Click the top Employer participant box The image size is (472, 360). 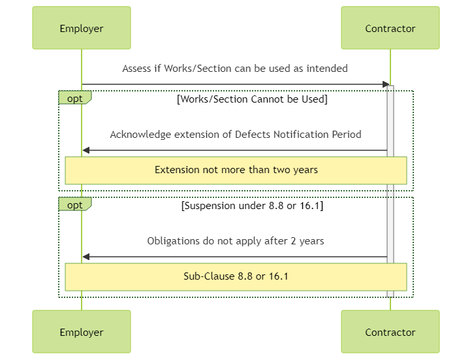(82, 27)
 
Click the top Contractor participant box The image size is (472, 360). (390, 27)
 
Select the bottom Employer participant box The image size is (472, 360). (82, 331)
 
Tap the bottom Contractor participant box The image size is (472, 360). (390, 331)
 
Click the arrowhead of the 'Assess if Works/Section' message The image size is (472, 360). (386, 84)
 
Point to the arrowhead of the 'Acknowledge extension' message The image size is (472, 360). (86, 150)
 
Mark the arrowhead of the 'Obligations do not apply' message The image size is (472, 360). (86, 257)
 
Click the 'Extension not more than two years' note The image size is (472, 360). (236, 171)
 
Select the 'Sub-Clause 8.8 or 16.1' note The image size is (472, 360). (236, 277)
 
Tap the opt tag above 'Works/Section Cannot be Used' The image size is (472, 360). (75, 98)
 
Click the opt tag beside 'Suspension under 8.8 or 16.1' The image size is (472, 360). (75, 205)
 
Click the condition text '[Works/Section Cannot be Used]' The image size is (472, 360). (252, 99)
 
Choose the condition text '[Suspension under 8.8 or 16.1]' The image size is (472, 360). (252, 206)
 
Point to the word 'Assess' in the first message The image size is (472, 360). (137, 69)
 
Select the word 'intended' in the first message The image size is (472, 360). (327, 69)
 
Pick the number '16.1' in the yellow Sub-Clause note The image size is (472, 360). (279, 276)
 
